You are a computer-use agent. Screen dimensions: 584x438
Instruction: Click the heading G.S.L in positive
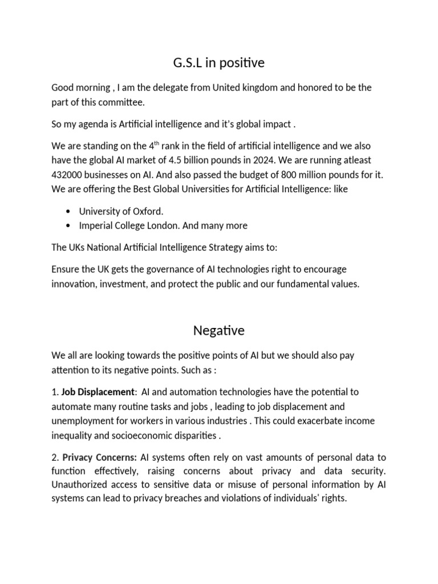click(219, 63)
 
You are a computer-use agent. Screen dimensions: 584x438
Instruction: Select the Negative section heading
click(218, 330)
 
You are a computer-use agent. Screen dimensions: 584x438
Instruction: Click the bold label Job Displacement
click(98, 392)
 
